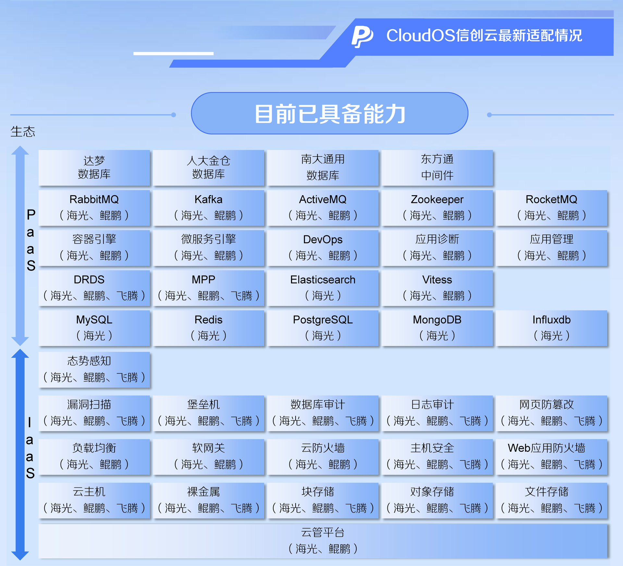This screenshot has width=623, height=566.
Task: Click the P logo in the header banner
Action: tap(362, 36)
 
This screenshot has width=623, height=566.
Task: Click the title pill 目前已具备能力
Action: tap(330, 113)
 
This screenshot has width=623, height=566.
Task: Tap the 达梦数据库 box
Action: tap(94, 168)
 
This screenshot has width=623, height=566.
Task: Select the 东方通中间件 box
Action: tap(437, 168)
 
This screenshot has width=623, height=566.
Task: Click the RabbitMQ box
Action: tap(94, 208)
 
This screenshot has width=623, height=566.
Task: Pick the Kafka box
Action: tap(208, 208)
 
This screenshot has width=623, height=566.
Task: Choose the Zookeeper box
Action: tap(437, 208)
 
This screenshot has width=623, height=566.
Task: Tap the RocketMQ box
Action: tap(552, 208)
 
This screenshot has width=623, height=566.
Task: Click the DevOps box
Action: tap(323, 248)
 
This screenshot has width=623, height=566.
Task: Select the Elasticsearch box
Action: tap(323, 288)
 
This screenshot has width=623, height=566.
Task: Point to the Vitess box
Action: tap(437, 288)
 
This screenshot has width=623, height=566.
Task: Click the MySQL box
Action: tap(94, 328)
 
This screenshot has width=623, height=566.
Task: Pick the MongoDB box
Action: tap(437, 328)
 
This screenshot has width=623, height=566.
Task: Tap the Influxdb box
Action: tap(552, 328)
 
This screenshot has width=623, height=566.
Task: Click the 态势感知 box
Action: tap(94, 370)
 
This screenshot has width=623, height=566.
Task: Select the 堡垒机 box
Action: tap(208, 413)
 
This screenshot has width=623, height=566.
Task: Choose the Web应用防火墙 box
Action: tap(552, 457)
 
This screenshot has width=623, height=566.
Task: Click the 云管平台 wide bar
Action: tap(323, 541)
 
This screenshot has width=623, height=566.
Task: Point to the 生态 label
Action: tap(23, 132)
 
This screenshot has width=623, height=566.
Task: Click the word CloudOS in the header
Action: tap(421, 35)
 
